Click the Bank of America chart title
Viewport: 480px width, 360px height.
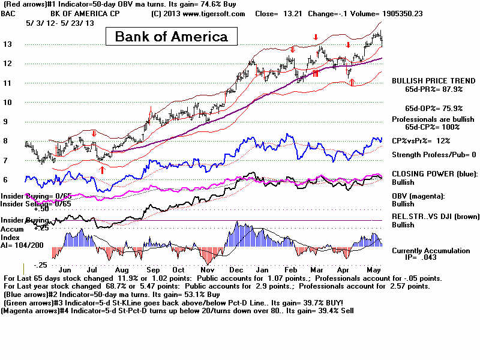[x=171, y=37]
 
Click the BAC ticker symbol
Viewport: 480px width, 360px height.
[x=9, y=13]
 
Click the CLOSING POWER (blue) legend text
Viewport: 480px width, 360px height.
[x=432, y=173]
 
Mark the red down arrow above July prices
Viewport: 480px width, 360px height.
[x=94, y=133]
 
